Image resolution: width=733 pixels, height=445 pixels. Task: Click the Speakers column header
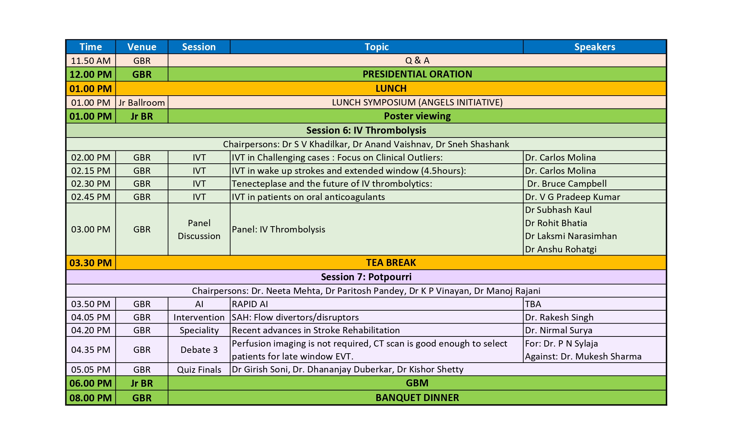point(594,47)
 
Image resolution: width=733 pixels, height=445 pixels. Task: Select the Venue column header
point(142,47)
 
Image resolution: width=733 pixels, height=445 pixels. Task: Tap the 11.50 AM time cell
point(91,61)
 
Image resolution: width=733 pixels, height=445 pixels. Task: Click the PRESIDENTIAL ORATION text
point(417,74)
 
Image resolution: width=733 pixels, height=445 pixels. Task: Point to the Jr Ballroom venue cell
point(142,103)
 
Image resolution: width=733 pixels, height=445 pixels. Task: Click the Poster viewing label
point(417,116)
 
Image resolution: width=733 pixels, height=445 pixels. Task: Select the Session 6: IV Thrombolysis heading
point(366,131)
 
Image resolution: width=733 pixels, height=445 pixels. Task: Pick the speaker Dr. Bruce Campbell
point(567,184)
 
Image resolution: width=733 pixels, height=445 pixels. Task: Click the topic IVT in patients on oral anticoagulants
point(308,197)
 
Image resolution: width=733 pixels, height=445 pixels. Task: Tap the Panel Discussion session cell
point(199,229)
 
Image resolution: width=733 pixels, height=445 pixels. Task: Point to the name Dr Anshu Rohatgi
point(561,249)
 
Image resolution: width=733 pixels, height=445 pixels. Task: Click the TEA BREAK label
point(391,263)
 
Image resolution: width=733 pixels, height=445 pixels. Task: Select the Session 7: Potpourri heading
point(366,277)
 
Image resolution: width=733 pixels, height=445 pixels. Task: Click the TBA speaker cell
point(533,304)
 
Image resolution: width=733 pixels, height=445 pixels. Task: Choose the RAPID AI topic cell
point(250,304)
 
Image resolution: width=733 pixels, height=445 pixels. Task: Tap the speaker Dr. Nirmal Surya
point(558,330)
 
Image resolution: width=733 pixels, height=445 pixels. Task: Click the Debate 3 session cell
point(199,350)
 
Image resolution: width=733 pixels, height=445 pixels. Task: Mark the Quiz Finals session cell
point(199,370)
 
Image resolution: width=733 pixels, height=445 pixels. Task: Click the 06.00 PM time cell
point(91,383)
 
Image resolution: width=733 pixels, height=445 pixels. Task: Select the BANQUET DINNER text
point(417,398)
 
